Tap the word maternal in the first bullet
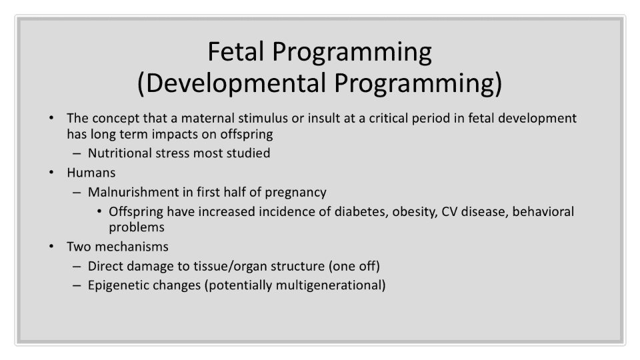pyautogui.click(x=207, y=118)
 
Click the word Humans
pyautogui.click(x=91, y=173)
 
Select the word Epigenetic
pyautogui.click(x=115, y=285)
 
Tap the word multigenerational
pyautogui.click(x=328, y=285)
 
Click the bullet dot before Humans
pyautogui.click(x=51, y=173)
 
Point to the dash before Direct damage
pyautogui.click(x=77, y=267)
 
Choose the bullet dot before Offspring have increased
pyautogui.click(x=99, y=212)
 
